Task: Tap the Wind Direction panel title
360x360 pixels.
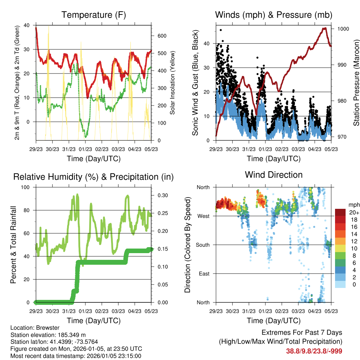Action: tap(274, 174)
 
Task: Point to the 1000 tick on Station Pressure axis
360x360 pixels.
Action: tap(343, 29)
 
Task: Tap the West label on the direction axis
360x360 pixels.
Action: tap(203, 216)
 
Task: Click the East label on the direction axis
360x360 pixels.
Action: tap(204, 274)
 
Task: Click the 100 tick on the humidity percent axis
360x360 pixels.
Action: tap(26, 187)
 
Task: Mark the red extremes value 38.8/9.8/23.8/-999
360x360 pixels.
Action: tap(314, 351)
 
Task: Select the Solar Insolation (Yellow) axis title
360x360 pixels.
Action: tap(173, 83)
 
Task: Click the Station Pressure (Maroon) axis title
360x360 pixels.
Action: tap(356, 83)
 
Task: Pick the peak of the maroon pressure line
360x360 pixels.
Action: tap(325, 28)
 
